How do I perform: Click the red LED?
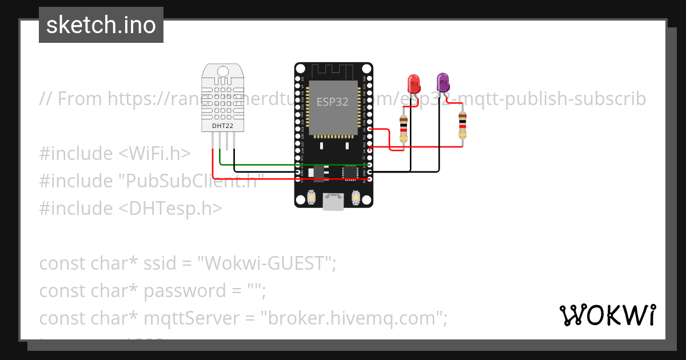[413, 84]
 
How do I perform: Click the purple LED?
[442, 82]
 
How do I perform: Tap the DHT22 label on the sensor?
[222, 125]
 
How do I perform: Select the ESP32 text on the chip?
[333, 102]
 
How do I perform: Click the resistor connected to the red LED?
[404, 129]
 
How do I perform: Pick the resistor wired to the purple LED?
[462, 126]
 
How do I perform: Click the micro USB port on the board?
[333, 201]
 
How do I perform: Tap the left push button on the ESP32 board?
[312, 197]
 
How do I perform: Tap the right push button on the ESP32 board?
[356, 197]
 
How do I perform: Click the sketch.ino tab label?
[101, 25]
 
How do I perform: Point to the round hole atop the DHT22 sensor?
[223, 70]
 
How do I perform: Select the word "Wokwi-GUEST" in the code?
[266, 263]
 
